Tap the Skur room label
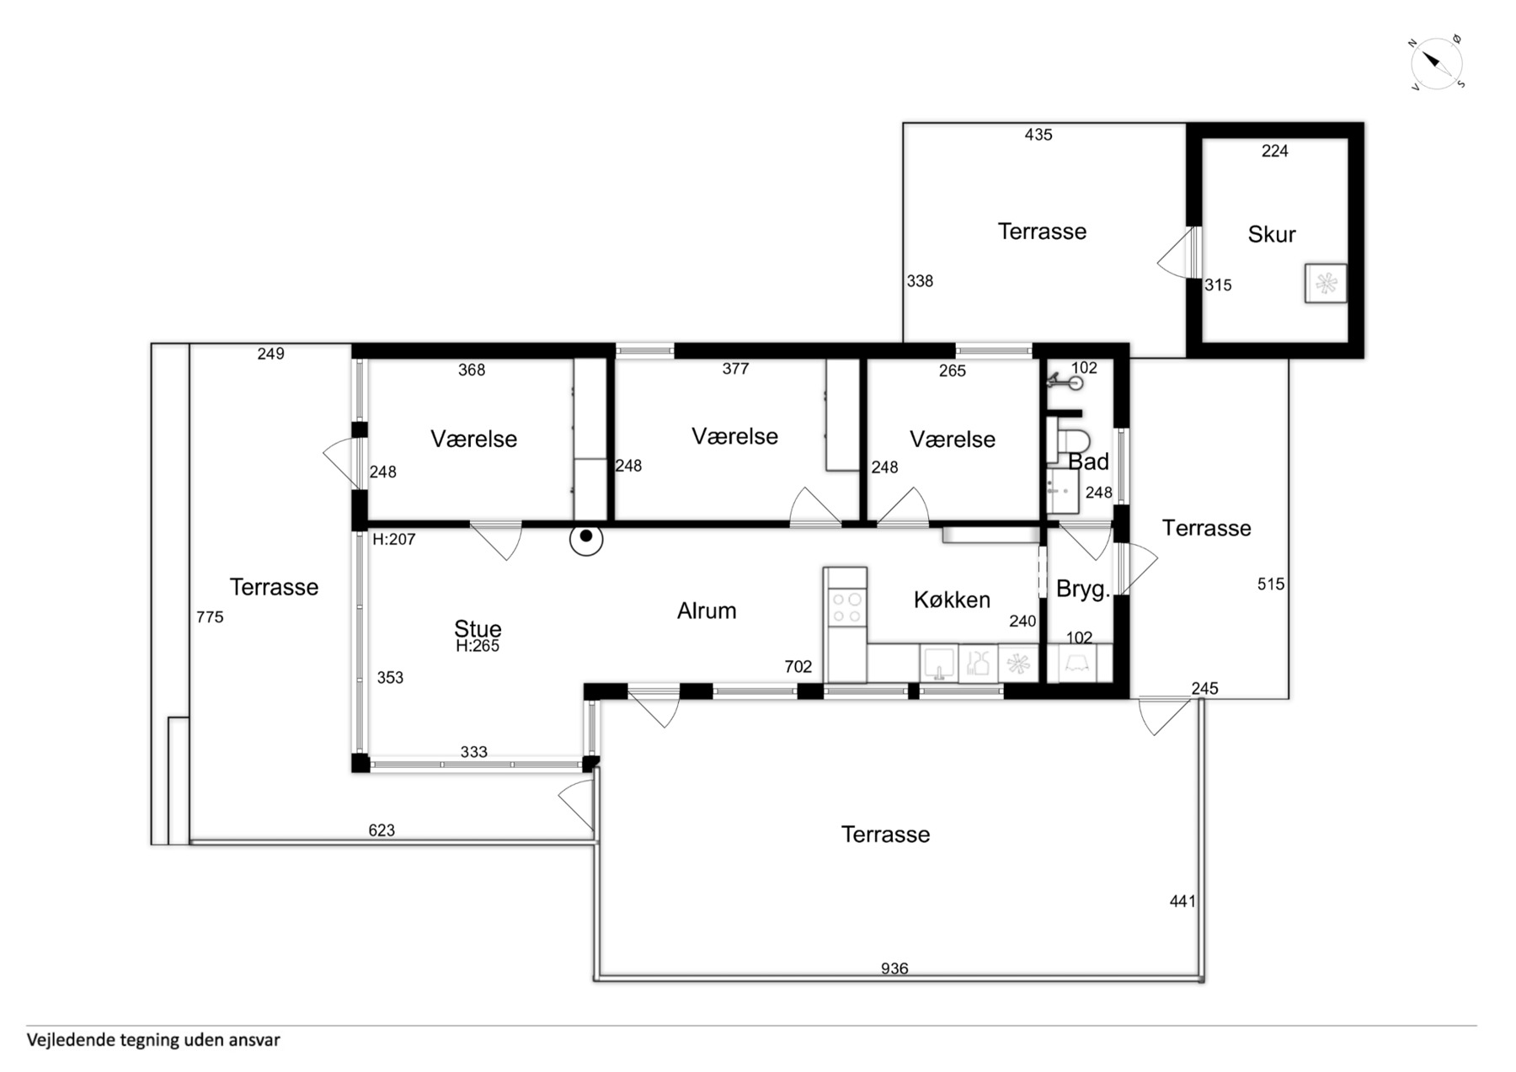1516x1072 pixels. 1271,234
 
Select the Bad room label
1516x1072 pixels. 1088,461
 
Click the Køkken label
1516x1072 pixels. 952,600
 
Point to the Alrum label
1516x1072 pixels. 707,611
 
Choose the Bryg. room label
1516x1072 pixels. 1083,589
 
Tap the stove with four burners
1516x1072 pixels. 846,607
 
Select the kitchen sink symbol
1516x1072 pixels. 937,663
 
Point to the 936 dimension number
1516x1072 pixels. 894,968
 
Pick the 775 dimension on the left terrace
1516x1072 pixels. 210,617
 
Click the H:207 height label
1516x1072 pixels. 394,539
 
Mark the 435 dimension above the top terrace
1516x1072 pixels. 1038,135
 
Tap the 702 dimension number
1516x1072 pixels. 798,667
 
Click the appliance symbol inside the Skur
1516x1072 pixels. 1326,283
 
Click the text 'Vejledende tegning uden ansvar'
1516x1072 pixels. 153,1040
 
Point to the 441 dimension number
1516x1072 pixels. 1182,901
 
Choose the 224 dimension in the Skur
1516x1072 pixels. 1274,151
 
